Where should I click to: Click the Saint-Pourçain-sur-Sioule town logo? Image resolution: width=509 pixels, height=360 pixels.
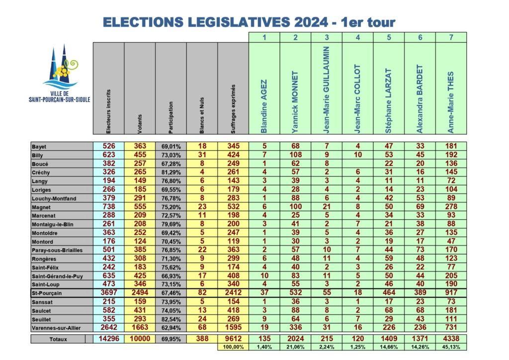click(x=60, y=74)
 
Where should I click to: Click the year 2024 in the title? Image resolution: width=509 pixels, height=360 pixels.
click(x=311, y=22)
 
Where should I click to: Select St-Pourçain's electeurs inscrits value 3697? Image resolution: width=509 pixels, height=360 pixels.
click(x=109, y=293)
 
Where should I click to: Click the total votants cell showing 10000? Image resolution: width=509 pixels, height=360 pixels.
click(x=140, y=339)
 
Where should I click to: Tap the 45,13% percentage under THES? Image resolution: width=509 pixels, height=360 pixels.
click(x=451, y=347)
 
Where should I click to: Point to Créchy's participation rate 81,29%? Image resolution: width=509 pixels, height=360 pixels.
click(x=171, y=173)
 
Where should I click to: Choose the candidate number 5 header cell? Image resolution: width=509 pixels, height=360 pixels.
click(x=389, y=37)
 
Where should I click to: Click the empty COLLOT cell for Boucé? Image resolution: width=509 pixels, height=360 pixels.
click(x=358, y=164)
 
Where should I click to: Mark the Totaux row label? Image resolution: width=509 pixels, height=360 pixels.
click(x=58, y=339)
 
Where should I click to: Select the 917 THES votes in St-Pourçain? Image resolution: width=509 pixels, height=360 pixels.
click(x=451, y=293)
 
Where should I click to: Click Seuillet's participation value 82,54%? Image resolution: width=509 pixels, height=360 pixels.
click(x=171, y=319)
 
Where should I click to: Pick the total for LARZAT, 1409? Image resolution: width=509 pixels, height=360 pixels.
click(x=389, y=339)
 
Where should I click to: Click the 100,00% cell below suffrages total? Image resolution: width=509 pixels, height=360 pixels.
click(x=233, y=347)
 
